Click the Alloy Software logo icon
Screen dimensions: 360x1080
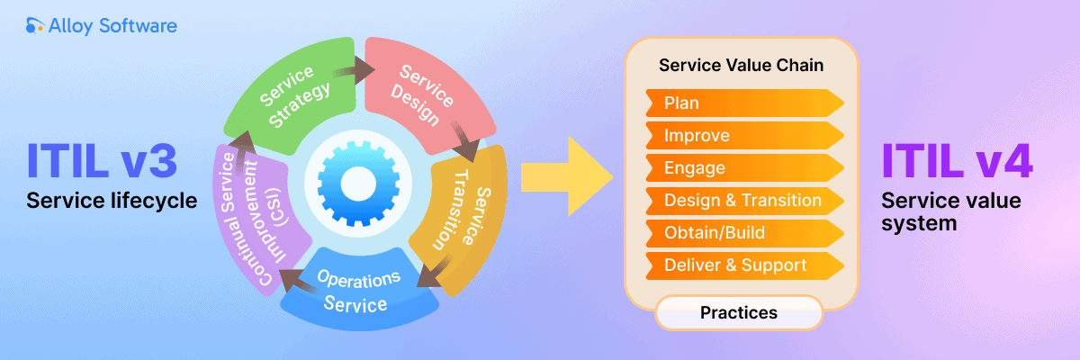35,26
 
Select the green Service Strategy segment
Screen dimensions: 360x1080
293,94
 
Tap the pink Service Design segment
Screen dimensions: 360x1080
423,94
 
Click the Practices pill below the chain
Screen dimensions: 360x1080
738,313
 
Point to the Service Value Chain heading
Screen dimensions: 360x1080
741,66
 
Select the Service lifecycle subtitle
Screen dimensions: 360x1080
112,202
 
